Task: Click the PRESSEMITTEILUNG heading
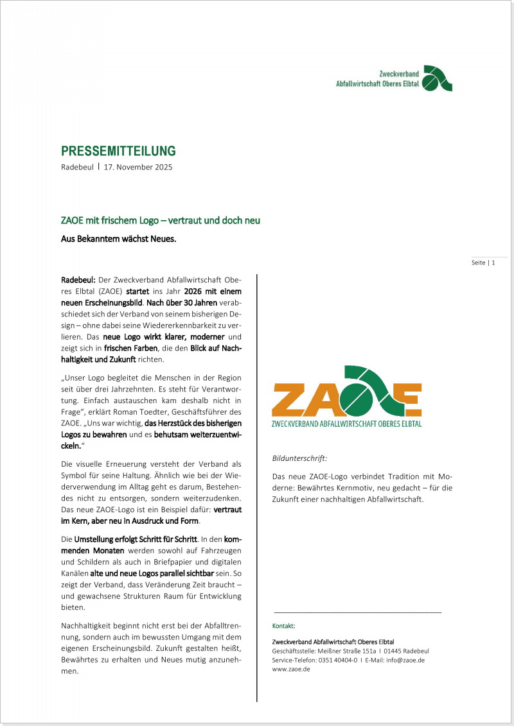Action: pyautogui.click(x=118, y=151)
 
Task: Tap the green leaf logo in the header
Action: pyautogui.click(x=438, y=78)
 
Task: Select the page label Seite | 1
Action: pyautogui.click(x=483, y=263)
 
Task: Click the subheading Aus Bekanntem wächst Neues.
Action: pyautogui.click(x=118, y=239)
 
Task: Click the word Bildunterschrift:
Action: pyautogui.click(x=299, y=458)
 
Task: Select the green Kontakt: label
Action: pyautogui.click(x=283, y=625)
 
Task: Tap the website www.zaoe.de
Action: pyautogui.click(x=291, y=669)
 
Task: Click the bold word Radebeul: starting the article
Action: pyautogui.click(x=78, y=280)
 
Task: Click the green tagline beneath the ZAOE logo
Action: pyautogui.click(x=347, y=424)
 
